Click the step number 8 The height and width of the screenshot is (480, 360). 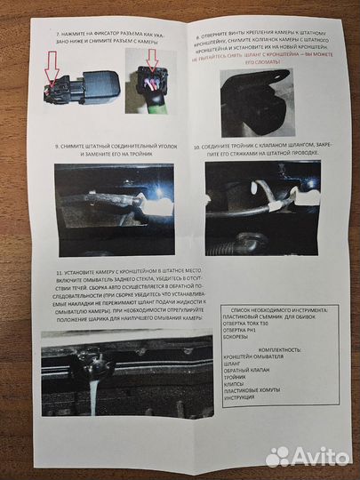pyautogui.click(x=196, y=39)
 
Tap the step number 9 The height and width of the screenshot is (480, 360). pyautogui.click(x=56, y=145)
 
